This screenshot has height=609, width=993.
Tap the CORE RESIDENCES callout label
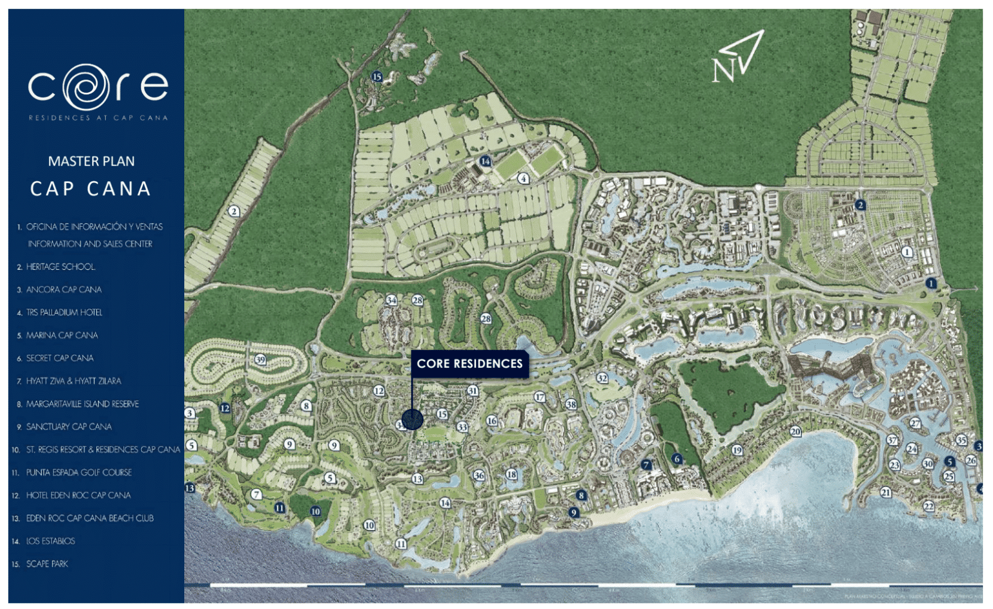[x=470, y=364]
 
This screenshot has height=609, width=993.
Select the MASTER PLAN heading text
[x=91, y=161]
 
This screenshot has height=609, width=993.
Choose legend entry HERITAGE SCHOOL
[x=60, y=267]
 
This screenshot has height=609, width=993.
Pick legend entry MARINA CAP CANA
[x=62, y=336]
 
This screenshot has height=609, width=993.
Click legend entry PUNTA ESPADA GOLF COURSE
[x=78, y=473]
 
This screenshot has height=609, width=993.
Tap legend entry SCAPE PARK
[x=47, y=564]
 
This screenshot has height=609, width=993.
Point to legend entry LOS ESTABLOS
[x=50, y=541]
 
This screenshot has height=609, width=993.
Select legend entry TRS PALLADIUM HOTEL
[x=64, y=313]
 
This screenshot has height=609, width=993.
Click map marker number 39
[x=260, y=360]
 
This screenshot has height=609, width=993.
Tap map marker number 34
[x=391, y=300]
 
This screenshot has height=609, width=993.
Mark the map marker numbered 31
[x=473, y=391]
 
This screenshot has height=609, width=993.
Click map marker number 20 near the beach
[x=795, y=431]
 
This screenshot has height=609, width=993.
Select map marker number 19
[x=737, y=450]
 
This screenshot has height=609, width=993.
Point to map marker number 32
[x=602, y=378]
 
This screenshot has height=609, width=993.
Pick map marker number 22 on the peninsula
[x=928, y=506]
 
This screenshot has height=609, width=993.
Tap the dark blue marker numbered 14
[x=485, y=161]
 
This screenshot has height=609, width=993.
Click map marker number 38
[x=571, y=404]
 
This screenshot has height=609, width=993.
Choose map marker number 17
[x=540, y=397]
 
